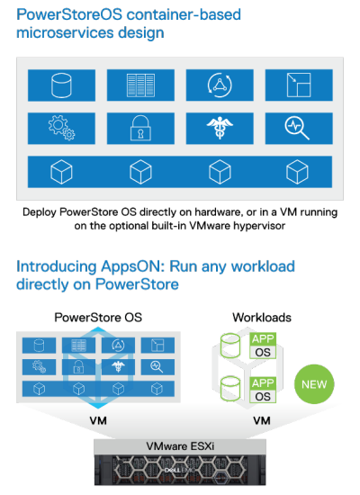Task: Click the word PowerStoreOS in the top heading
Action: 69,14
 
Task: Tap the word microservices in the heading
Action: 66,32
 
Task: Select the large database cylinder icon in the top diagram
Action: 61,85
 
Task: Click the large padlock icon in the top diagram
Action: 140,128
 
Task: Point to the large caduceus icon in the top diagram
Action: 220,128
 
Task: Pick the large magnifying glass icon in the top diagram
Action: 297,128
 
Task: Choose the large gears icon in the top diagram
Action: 61,128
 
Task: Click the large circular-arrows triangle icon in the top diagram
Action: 220,85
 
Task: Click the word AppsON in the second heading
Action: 133,266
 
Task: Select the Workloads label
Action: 262,318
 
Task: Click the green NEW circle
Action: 314,384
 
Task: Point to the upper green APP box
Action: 263,338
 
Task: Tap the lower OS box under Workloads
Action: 263,397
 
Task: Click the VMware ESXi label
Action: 180,446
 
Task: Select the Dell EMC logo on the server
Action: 180,471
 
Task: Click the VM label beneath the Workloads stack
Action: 262,421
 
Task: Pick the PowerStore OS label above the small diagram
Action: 98,318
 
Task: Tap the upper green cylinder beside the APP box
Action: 230,346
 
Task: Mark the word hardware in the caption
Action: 218,212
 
